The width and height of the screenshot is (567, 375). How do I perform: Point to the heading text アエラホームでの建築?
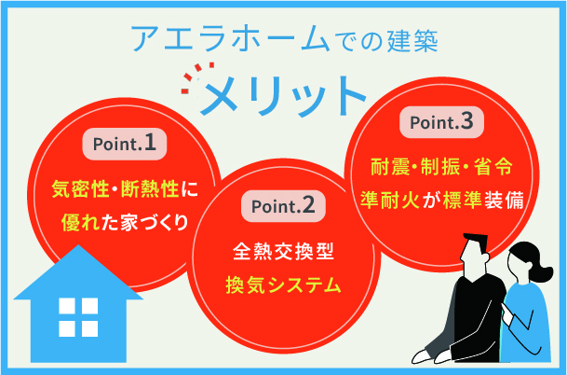(284, 38)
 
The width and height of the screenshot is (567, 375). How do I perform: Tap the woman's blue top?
(531, 317)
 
